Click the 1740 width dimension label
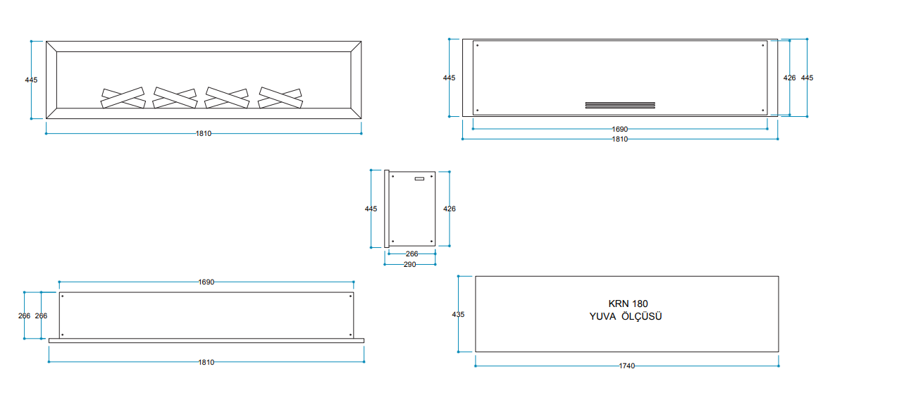(x=626, y=365)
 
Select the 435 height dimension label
(x=458, y=315)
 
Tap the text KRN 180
(x=628, y=304)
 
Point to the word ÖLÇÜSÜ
(x=641, y=316)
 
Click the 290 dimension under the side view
(x=409, y=265)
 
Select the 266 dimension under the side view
(x=412, y=254)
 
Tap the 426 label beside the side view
(x=450, y=209)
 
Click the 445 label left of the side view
(x=371, y=209)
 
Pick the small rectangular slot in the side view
(x=419, y=179)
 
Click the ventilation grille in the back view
(x=620, y=105)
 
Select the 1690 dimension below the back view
(x=620, y=130)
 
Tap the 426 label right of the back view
(x=789, y=77)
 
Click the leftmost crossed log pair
(x=123, y=98)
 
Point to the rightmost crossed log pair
(x=280, y=98)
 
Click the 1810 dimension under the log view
(x=204, y=134)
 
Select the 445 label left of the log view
(x=31, y=80)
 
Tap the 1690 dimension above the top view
(x=206, y=282)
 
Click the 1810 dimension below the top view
(x=206, y=362)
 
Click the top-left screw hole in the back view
(x=477, y=45)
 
